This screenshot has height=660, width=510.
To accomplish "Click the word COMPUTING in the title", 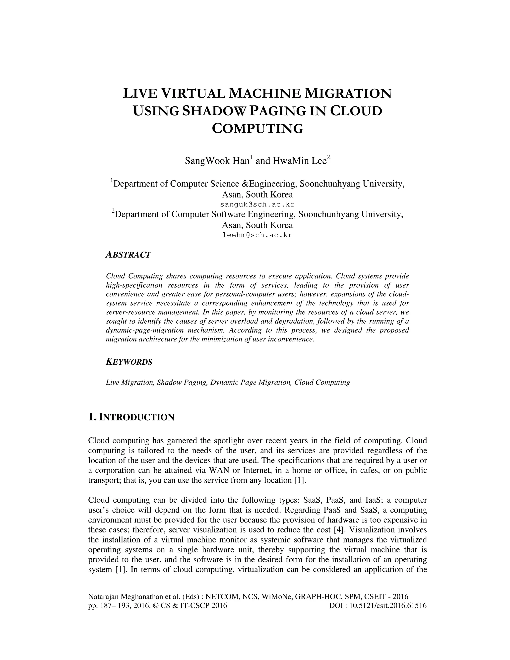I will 257,129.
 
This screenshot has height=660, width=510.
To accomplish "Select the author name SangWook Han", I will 217,161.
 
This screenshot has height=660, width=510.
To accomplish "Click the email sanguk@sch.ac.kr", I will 257,204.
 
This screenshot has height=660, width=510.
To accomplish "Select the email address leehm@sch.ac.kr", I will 257,235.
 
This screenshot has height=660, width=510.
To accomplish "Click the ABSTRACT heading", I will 128,255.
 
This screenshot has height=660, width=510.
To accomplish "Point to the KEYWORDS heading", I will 129,362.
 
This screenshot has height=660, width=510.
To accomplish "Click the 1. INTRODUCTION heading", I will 131,417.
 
